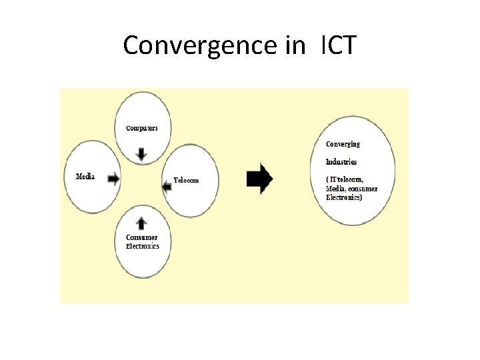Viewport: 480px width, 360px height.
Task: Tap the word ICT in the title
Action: point(339,45)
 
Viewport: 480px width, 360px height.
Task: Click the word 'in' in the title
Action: point(291,45)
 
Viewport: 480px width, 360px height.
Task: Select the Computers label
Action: point(142,128)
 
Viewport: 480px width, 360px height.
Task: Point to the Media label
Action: point(85,177)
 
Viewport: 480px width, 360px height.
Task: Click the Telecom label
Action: point(186,180)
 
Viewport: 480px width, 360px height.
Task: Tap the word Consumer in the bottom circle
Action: point(142,237)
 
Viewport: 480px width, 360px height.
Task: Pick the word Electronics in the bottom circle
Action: point(143,246)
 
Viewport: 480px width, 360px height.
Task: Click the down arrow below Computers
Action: point(141,153)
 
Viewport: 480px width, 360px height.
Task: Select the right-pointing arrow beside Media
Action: point(113,178)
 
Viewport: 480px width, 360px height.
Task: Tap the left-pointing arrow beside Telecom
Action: point(167,186)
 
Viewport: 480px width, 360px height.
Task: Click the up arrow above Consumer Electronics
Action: point(140,223)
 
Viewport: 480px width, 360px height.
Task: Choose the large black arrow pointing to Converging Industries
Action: point(259,178)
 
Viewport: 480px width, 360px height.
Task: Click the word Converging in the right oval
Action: point(343,144)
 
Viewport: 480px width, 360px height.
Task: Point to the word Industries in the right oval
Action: point(341,161)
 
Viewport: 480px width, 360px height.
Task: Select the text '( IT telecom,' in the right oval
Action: point(344,180)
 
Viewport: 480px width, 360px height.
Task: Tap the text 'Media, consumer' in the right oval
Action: point(351,189)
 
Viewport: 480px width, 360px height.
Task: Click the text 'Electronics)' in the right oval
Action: point(344,197)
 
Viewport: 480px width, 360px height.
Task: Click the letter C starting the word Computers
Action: point(128,128)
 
